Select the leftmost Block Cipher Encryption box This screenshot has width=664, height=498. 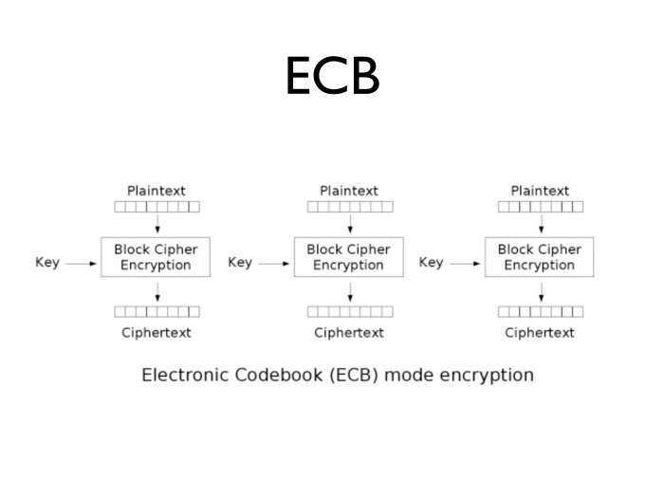(156, 257)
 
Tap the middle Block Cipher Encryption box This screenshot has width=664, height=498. (348, 257)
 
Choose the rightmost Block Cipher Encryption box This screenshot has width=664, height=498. (540, 257)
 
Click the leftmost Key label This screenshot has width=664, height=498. (47, 262)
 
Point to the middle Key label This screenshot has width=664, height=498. (240, 262)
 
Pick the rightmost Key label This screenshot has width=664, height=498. (431, 262)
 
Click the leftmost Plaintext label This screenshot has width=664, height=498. (157, 191)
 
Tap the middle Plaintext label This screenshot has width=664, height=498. (348, 191)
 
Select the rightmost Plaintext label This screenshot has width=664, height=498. (540, 191)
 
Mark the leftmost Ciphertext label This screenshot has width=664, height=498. (157, 333)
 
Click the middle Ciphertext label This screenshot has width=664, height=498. (349, 333)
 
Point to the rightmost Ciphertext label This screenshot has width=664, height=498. (540, 333)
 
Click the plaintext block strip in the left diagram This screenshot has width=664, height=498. (157, 207)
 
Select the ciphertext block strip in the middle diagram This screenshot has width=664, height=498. (349, 311)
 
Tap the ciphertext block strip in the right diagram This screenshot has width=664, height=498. (541, 311)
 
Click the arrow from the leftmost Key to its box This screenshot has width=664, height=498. (82, 264)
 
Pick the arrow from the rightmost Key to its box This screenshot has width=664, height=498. (466, 264)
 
